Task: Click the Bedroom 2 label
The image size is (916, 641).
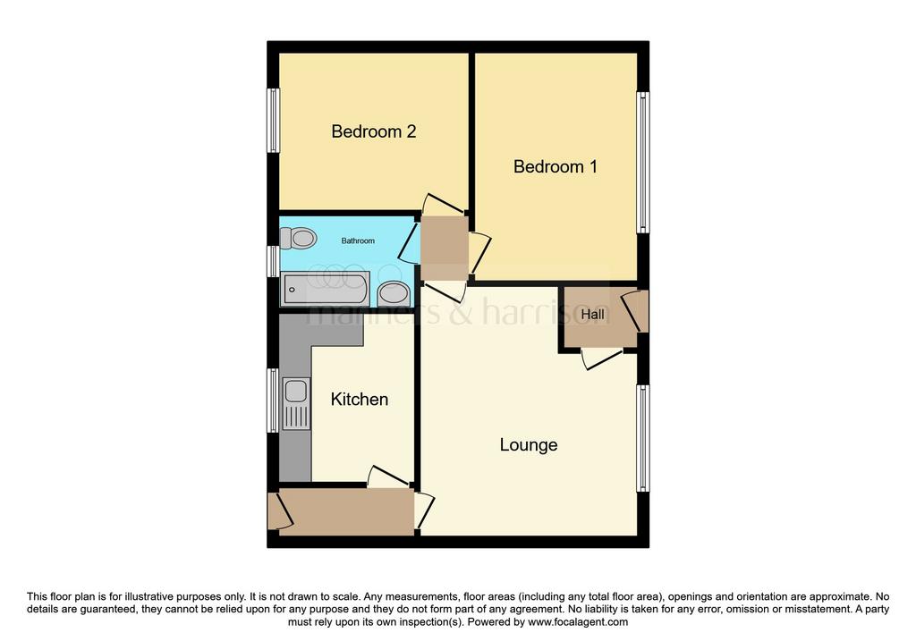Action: pyautogui.click(x=373, y=131)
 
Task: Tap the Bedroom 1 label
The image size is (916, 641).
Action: pyautogui.click(x=555, y=166)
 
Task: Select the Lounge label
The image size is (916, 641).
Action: pyautogui.click(x=528, y=445)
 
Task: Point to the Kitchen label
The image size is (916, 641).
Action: pyautogui.click(x=360, y=400)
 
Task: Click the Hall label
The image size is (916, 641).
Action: pyautogui.click(x=592, y=314)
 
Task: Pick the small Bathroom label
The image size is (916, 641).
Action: pyautogui.click(x=358, y=240)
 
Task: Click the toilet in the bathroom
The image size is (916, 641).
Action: pyautogui.click(x=298, y=238)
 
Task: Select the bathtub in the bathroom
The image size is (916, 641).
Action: pyautogui.click(x=326, y=289)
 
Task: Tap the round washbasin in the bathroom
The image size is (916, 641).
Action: pyautogui.click(x=394, y=293)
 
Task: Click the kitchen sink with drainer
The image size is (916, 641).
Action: pyautogui.click(x=296, y=403)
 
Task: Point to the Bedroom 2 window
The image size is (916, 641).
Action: pyautogui.click(x=273, y=121)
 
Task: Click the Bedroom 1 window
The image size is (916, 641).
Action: pyautogui.click(x=642, y=163)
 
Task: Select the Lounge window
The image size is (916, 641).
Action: pyautogui.click(x=642, y=438)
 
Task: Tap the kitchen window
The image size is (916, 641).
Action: pyautogui.click(x=273, y=400)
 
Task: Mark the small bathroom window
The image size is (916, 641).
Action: pyautogui.click(x=273, y=261)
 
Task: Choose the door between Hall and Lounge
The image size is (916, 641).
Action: pyautogui.click(x=602, y=358)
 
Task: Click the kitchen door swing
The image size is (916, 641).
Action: pyautogui.click(x=388, y=476)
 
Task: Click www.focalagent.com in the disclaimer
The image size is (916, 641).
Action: pyautogui.click(x=578, y=621)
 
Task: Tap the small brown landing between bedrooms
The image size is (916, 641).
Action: pyautogui.click(x=445, y=249)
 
